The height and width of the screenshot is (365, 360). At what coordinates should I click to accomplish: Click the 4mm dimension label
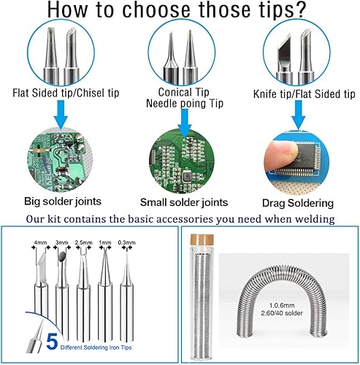click(40, 242)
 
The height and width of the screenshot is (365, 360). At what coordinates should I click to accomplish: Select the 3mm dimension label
click(62, 242)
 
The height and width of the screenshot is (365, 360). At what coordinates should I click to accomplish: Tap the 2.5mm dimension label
click(83, 242)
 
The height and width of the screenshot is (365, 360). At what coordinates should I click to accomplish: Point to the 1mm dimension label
click(105, 242)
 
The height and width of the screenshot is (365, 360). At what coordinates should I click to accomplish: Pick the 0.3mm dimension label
click(126, 242)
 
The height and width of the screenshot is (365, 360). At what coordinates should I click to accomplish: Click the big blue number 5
click(52, 342)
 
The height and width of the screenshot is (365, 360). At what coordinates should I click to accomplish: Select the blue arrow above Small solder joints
click(185, 123)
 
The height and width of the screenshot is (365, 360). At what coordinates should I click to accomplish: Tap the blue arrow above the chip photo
click(299, 115)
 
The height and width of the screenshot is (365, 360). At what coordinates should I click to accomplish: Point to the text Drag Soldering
click(298, 203)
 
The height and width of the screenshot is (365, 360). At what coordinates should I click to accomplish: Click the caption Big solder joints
click(63, 201)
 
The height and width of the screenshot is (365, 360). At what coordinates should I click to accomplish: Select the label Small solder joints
click(184, 202)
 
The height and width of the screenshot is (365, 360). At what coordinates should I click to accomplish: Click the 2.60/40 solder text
click(282, 313)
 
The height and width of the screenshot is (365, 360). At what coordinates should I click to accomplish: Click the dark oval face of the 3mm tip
click(62, 255)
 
